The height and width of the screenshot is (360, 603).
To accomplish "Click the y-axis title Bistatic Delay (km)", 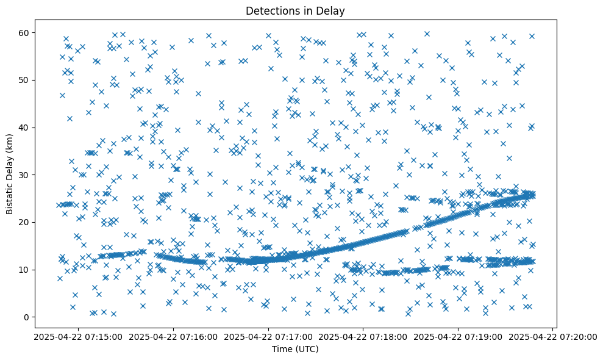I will click(10, 174).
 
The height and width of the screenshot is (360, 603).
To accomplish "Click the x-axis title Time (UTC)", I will click(295, 350).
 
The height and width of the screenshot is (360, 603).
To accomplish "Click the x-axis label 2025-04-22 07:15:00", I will click(78, 336).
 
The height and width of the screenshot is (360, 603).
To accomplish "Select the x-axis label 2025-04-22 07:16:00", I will click(173, 336).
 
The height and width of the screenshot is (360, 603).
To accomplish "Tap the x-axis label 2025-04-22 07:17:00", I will click(268, 336).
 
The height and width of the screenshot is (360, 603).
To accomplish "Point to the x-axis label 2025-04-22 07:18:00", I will click(363, 336).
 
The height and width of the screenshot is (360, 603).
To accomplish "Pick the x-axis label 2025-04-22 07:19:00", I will click(458, 336).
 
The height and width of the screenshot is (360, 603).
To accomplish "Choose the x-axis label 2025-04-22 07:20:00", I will click(552, 336).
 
